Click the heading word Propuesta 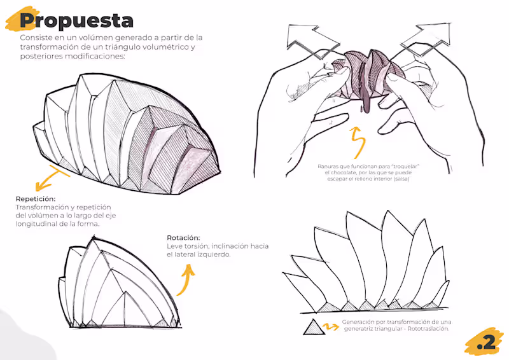tap(76, 21)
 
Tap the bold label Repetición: tap(36, 198)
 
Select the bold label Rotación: tap(183, 238)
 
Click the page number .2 tap(486, 342)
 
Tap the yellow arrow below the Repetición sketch tap(52, 177)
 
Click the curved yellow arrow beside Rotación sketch tap(186, 280)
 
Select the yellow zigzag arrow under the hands tap(358, 143)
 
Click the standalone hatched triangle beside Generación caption tap(314, 328)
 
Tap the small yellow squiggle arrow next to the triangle tap(331, 326)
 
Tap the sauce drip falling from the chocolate tap(366, 100)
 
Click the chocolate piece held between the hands tap(367, 74)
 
